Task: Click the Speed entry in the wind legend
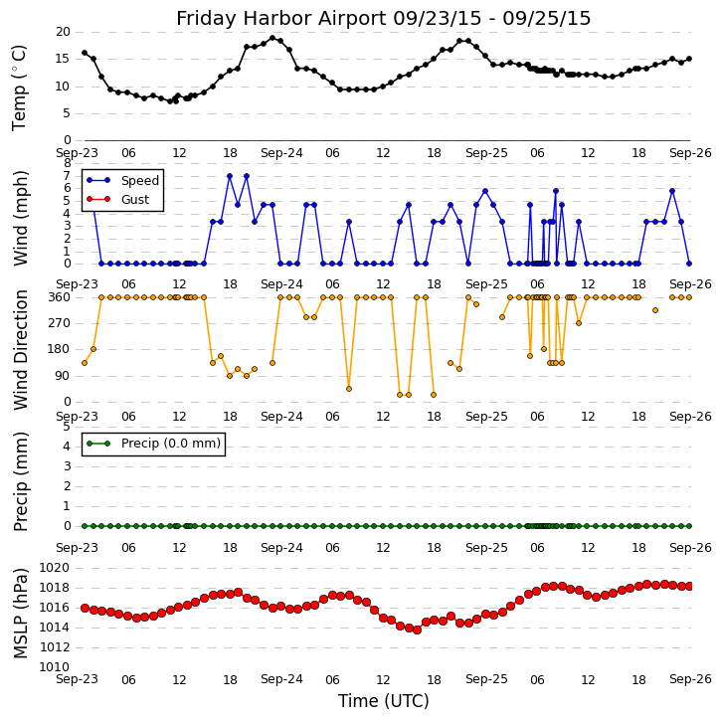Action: [x=139, y=181]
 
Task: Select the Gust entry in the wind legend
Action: [x=134, y=200]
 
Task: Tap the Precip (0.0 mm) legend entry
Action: [x=170, y=444]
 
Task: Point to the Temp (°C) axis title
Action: [x=20, y=88]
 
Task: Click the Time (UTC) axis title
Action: [x=383, y=701]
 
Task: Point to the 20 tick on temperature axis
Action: [x=62, y=33]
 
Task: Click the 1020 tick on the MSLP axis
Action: [x=54, y=568]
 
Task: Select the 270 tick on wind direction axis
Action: [x=58, y=323]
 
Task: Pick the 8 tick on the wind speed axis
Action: [x=67, y=163]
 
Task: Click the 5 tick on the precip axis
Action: [x=67, y=427]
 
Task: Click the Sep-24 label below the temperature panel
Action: [x=281, y=153]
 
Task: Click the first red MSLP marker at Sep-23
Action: [x=85, y=608]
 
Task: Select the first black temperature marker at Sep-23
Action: [x=85, y=53]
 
